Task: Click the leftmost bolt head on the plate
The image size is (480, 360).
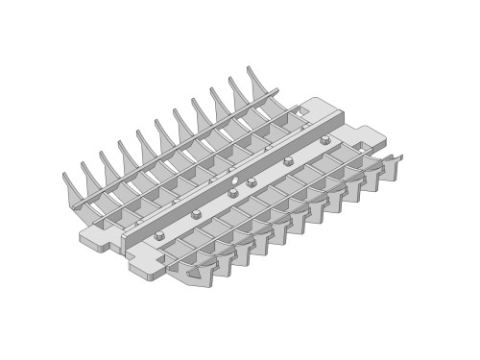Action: (159, 236)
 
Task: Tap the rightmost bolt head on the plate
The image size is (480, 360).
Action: (325, 140)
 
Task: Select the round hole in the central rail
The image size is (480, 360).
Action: (234, 180)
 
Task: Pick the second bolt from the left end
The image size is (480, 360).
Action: (196, 214)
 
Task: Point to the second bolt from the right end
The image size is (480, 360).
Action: (288, 161)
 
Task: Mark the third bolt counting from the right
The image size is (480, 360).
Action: (252, 182)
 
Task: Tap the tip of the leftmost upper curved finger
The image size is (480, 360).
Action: (65, 176)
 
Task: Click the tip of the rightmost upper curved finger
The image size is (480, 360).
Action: (250, 68)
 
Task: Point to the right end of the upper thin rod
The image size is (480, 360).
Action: (277, 90)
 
